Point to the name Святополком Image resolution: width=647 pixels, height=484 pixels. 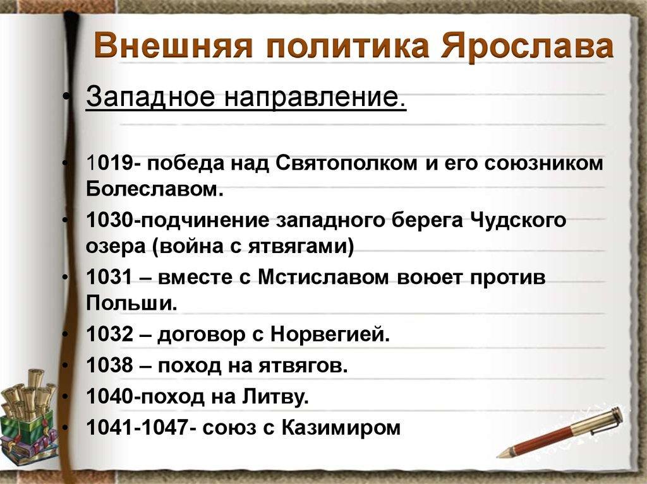[x=346, y=163]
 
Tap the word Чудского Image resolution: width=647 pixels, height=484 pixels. [x=518, y=221]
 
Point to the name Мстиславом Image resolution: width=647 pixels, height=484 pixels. [x=323, y=277]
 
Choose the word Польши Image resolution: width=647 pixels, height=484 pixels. [x=131, y=303]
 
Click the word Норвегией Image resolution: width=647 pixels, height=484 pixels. [x=330, y=334]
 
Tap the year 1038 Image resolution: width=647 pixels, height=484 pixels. [x=110, y=365]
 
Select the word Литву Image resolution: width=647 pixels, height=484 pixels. [x=275, y=396]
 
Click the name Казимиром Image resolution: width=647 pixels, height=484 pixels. [x=341, y=428]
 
